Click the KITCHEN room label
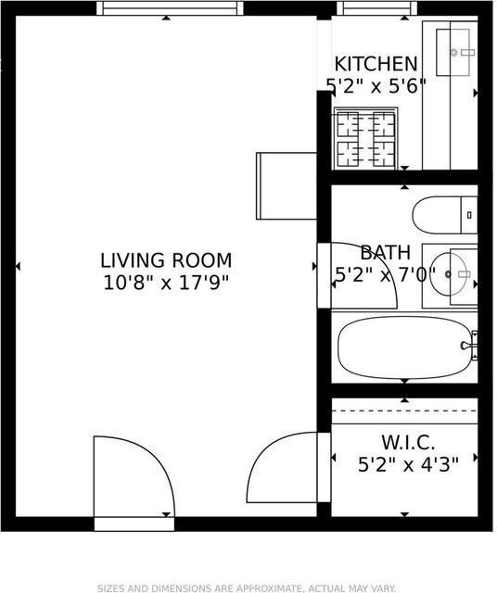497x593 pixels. click(376, 64)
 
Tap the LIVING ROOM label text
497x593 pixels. click(166, 260)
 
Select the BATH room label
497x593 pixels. click(385, 252)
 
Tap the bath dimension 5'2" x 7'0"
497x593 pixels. click(384, 273)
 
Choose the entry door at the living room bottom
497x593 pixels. click(132, 482)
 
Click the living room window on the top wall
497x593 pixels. click(170, 8)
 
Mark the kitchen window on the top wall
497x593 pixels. click(364, 8)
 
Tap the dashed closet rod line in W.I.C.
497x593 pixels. click(404, 411)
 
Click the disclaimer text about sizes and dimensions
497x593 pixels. click(248, 587)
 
